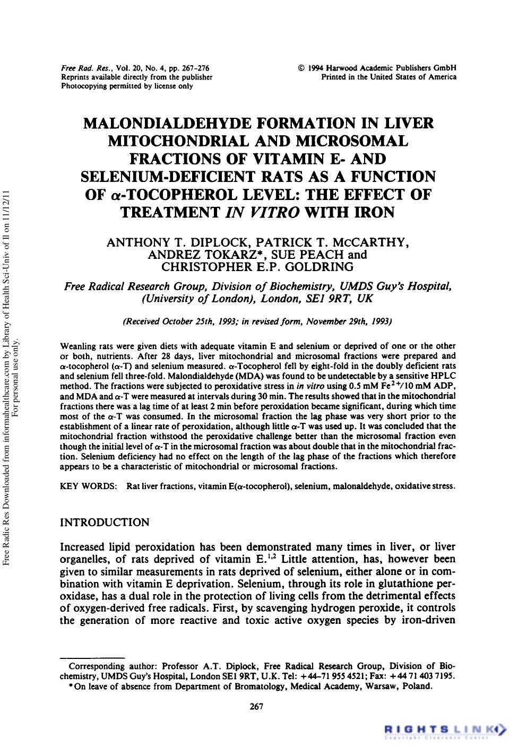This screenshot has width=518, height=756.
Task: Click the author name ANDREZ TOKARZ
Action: point(200,254)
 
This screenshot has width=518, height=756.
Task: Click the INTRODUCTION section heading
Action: point(105,522)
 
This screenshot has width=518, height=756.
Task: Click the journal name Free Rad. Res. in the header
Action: point(77,68)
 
